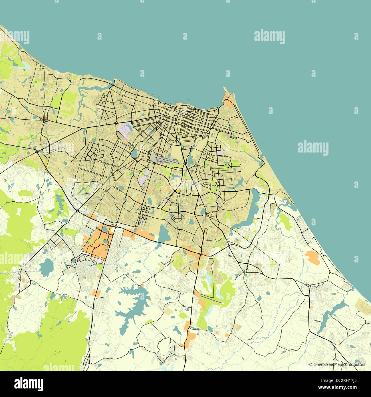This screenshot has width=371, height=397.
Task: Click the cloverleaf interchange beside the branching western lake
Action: click(x=78, y=211)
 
